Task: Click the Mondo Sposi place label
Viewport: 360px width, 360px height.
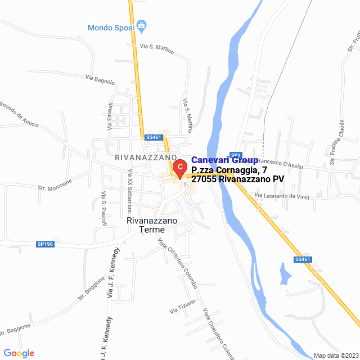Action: click(110, 27)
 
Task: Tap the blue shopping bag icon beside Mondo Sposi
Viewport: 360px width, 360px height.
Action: click(141, 25)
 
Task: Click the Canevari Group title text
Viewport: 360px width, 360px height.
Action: click(224, 160)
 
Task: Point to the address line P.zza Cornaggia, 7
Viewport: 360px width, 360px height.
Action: click(229, 170)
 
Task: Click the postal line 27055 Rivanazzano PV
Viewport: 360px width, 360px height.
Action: click(237, 179)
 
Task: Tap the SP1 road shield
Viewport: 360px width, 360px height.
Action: click(236, 155)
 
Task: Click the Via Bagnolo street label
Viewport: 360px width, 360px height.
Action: click(100, 80)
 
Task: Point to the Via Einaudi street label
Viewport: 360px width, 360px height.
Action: click(111, 116)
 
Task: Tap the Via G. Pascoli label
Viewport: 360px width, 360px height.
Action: click(103, 208)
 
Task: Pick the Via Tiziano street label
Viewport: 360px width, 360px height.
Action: click(183, 307)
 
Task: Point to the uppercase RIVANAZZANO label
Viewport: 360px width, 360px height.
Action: click(146, 157)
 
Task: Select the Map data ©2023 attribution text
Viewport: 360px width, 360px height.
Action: click(335, 355)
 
